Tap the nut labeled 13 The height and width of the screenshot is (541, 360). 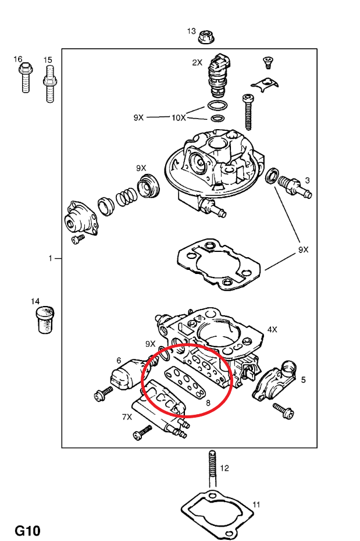(205, 37)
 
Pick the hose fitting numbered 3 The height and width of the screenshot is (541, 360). (295, 187)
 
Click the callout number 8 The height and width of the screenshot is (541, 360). (208, 402)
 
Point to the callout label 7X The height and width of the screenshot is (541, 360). (127, 417)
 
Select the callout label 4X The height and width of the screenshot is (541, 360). (272, 329)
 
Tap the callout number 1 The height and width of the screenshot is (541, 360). (51, 258)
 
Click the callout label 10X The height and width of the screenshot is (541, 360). (178, 118)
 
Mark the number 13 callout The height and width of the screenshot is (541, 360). (191, 31)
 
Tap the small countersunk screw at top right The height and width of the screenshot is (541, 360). (269, 60)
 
